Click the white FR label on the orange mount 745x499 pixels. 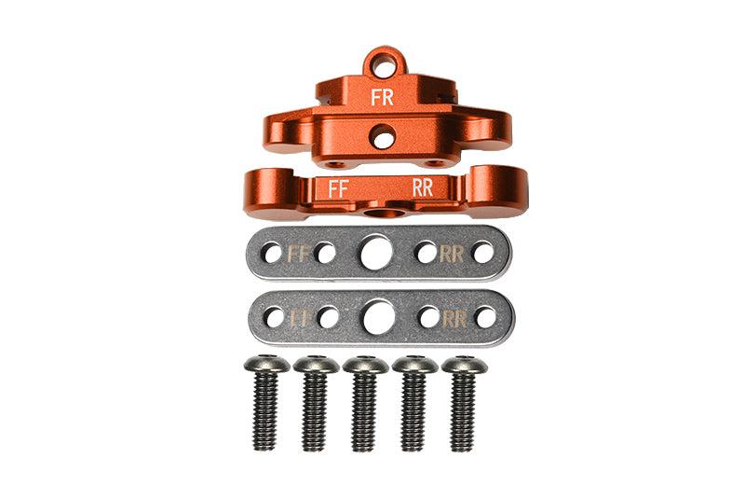(x=382, y=97)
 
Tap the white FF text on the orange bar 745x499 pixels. (x=339, y=188)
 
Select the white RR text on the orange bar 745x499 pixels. (x=423, y=187)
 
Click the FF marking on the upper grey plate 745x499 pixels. (x=299, y=254)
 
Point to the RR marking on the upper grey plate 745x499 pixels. (x=452, y=254)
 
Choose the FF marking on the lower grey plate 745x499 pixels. (x=301, y=318)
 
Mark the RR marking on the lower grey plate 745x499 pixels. (x=454, y=319)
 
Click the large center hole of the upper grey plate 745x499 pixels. (x=376, y=253)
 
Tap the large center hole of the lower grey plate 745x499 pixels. (x=379, y=317)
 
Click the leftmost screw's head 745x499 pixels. (x=266, y=365)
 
